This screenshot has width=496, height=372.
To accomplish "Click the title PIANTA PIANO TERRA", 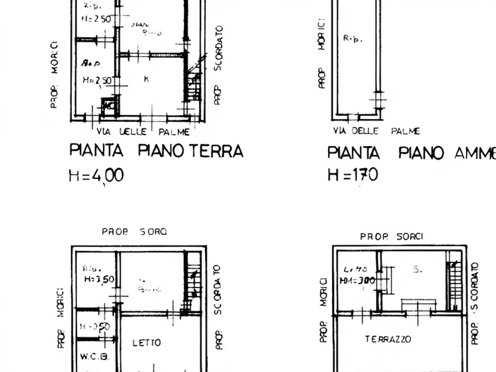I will (156, 150).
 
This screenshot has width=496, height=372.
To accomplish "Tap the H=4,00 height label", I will (96, 175).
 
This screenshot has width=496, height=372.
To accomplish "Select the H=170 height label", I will (353, 175).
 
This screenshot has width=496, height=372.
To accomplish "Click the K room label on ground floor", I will (146, 79).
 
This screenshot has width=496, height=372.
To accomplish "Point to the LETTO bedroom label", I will (147, 343).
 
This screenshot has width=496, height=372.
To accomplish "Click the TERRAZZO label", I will (388, 339).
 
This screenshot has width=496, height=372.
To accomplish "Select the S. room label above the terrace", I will (417, 269).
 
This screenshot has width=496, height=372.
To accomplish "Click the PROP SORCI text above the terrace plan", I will (392, 237).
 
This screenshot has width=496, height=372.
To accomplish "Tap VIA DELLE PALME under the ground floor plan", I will (143, 132).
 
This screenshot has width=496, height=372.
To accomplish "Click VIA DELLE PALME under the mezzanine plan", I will (376, 131).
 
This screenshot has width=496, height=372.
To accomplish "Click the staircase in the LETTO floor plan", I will (192, 283).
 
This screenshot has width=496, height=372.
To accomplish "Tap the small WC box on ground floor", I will (109, 105).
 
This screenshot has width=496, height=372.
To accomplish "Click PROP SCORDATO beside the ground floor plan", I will (218, 64).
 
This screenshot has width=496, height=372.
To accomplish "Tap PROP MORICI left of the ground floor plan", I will (54, 75).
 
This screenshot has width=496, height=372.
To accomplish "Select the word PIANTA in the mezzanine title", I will (353, 153).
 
